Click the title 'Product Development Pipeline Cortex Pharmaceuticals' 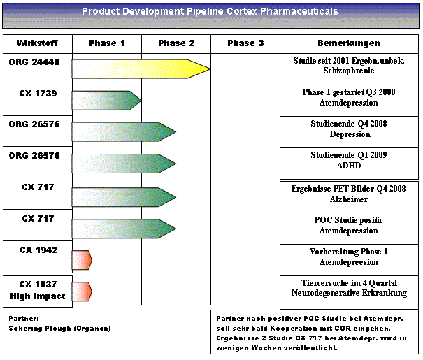(210, 12)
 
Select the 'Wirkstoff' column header (36, 43)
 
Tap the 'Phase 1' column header (107, 43)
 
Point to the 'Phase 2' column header (176, 43)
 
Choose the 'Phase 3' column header (245, 43)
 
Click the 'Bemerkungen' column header (348, 43)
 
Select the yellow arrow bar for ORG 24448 (140, 69)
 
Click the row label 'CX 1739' (38, 93)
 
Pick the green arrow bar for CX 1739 (106, 100)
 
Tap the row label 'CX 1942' (38, 250)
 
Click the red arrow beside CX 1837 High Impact (82, 291)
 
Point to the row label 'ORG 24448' (34, 62)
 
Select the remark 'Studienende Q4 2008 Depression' (349, 129)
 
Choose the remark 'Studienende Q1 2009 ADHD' (349, 160)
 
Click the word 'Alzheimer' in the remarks (349, 199)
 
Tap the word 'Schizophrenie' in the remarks (349, 71)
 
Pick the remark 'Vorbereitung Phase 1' (349, 252)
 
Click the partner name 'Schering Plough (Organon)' (59, 327)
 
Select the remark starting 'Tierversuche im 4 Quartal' (349, 282)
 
